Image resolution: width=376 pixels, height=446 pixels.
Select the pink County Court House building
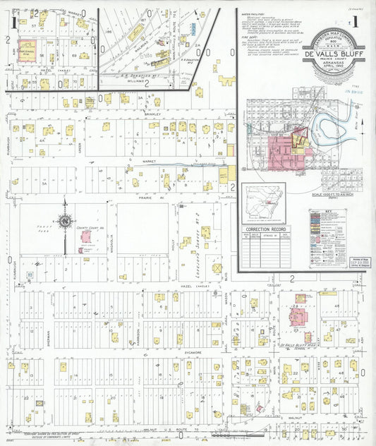click(x=86, y=236)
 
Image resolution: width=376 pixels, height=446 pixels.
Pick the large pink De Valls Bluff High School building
click(x=292, y=310)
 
